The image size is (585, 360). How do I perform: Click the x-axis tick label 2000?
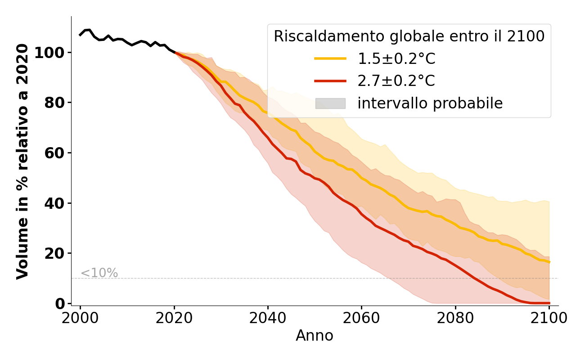[80, 318]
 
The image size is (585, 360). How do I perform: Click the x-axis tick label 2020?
[174, 318]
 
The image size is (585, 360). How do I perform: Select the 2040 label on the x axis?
[268, 318]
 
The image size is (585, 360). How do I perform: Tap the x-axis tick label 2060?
[361, 318]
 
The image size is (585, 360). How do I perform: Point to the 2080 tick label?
[455, 318]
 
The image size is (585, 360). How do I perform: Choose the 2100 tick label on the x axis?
[549, 318]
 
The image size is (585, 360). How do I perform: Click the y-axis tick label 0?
[60, 304]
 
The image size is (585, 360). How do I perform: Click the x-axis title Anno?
[315, 336]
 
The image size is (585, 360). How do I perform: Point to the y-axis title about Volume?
[22, 161]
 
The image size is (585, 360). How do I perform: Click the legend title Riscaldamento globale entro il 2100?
[409, 36]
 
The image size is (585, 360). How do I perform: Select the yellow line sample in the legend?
[330, 58]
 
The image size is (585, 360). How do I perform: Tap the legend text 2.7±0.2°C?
[396, 81]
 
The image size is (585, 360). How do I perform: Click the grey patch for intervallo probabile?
[330, 103]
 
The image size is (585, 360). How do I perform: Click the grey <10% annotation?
[99, 273]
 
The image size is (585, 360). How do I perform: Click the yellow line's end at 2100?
[549, 262]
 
